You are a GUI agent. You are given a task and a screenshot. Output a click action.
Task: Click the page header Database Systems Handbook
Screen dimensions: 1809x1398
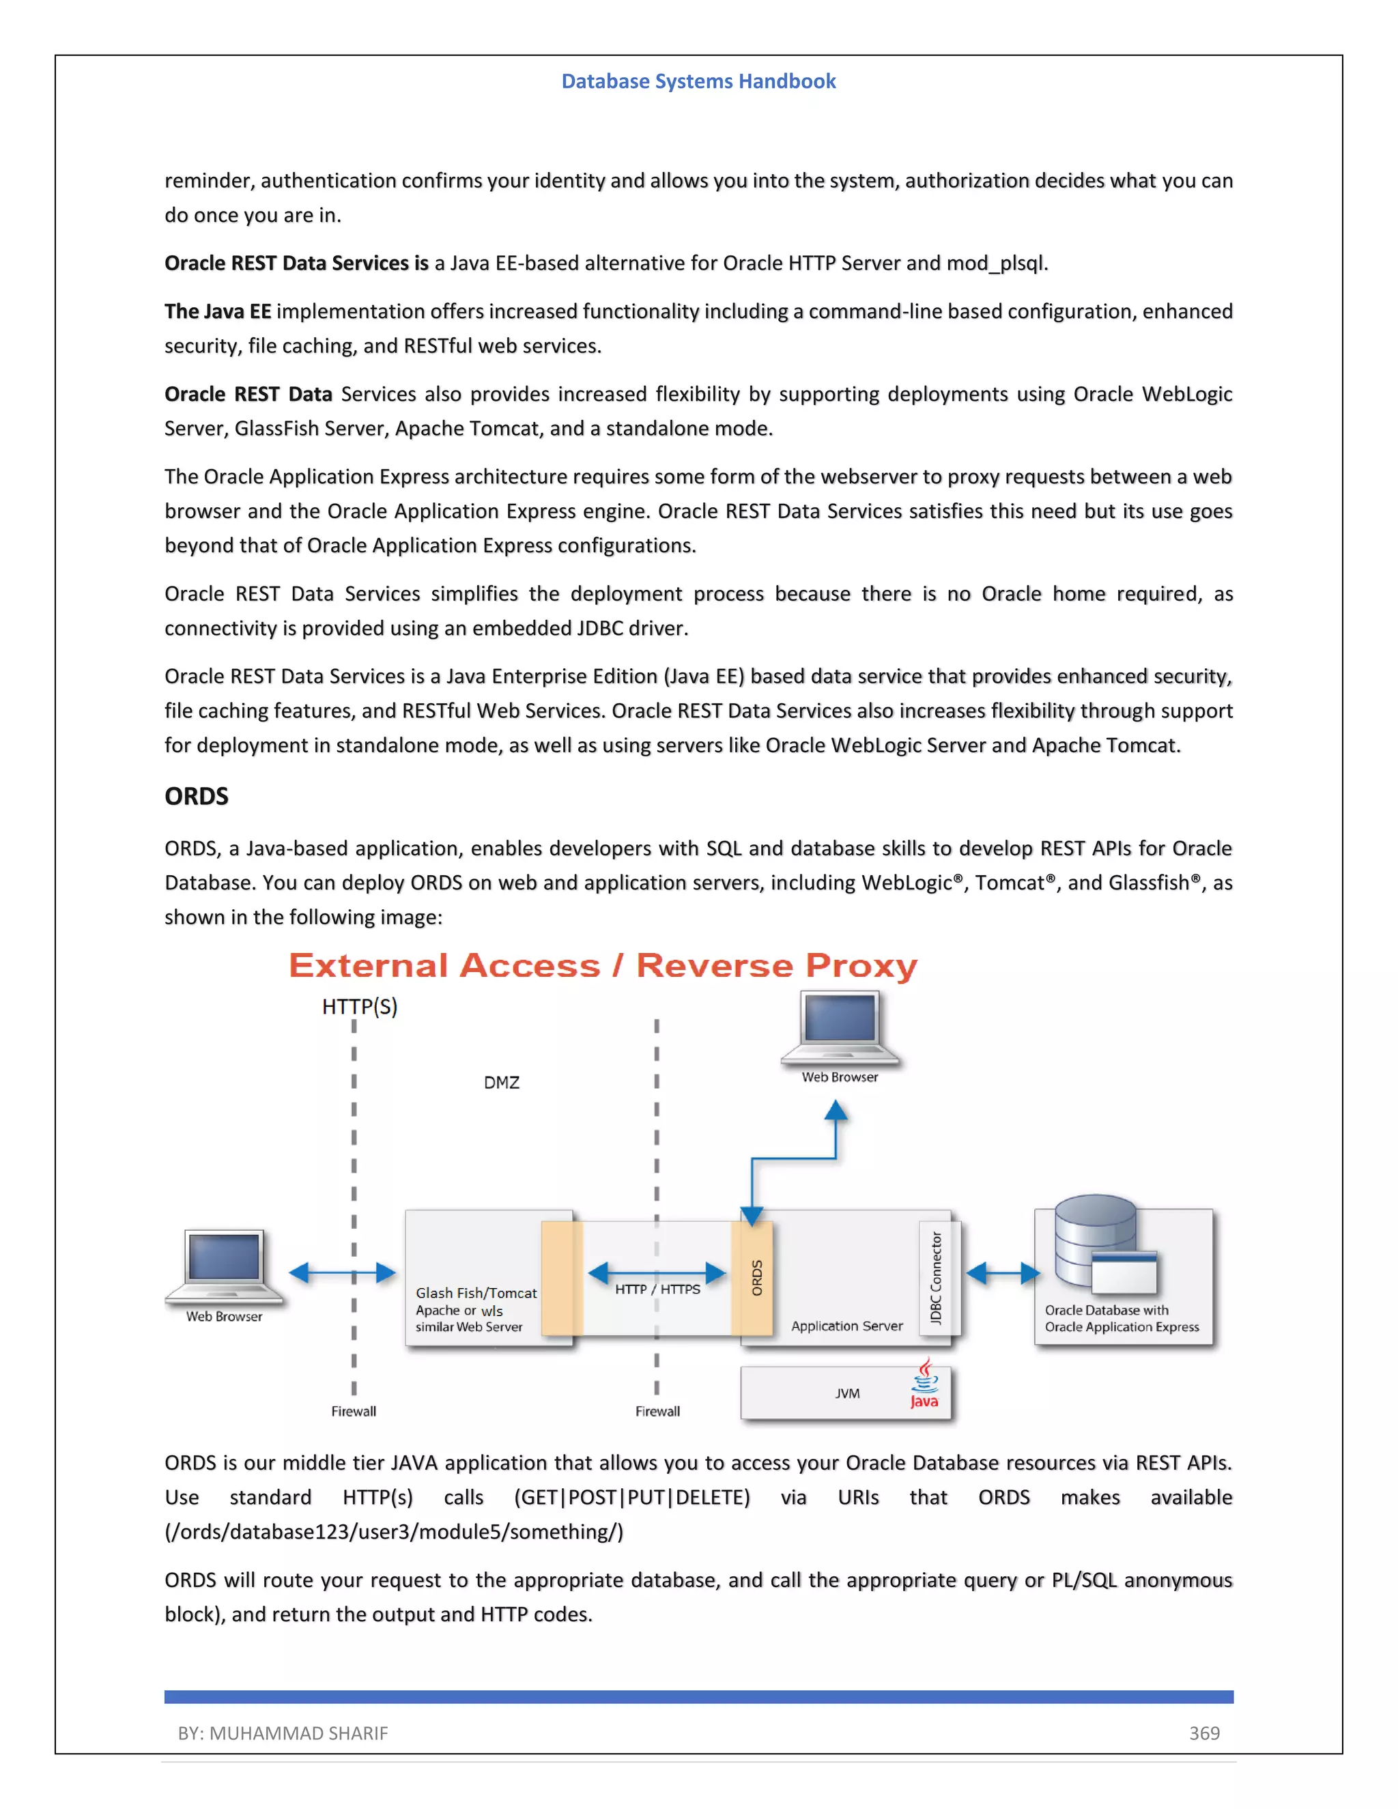pyautogui.click(x=698, y=81)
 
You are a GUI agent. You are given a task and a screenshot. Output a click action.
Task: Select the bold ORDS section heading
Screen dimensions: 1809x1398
pyautogui.click(x=197, y=796)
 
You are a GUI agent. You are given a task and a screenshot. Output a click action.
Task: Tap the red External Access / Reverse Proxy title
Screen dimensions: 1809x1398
pyautogui.click(x=603, y=966)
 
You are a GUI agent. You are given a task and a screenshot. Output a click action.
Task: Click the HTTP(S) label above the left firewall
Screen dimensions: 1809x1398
pyautogui.click(x=360, y=1006)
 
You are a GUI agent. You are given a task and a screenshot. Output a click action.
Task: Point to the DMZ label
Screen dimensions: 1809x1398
pyautogui.click(x=502, y=1083)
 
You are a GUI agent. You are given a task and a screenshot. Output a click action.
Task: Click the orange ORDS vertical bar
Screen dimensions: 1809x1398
pyautogui.click(x=753, y=1277)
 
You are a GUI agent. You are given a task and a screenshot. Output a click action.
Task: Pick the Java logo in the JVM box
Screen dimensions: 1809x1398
pyautogui.click(x=925, y=1383)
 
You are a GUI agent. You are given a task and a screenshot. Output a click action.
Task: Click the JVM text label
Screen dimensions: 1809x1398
pyautogui.click(x=847, y=1393)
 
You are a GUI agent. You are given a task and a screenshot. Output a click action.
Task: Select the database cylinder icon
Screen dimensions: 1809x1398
pyautogui.click(x=1095, y=1239)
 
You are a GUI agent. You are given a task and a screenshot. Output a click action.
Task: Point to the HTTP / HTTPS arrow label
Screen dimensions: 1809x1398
pyautogui.click(x=657, y=1289)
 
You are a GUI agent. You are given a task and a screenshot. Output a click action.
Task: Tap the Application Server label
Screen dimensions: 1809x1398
pyautogui.click(x=846, y=1326)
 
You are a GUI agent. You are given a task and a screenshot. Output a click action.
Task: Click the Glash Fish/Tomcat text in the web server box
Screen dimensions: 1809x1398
pyautogui.click(x=476, y=1293)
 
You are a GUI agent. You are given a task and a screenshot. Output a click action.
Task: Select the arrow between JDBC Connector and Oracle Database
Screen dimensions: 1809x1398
pyautogui.click(x=1003, y=1272)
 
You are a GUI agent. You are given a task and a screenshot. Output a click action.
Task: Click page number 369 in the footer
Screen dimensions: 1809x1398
pyautogui.click(x=1204, y=1733)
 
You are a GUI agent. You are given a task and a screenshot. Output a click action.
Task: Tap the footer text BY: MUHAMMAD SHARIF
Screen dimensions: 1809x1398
pyautogui.click(x=283, y=1733)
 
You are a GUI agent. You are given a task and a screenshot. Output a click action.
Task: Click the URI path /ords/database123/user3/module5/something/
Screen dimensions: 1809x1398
pyautogui.click(x=395, y=1532)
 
